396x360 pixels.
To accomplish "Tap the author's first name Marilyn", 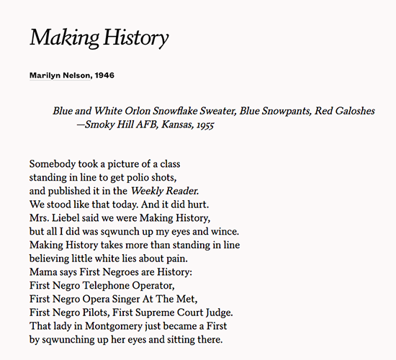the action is click(x=47, y=75).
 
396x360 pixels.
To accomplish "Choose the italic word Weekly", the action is click(x=147, y=191).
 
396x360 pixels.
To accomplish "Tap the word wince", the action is click(x=225, y=232).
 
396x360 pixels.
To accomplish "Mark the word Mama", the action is click(x=45, y=273).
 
